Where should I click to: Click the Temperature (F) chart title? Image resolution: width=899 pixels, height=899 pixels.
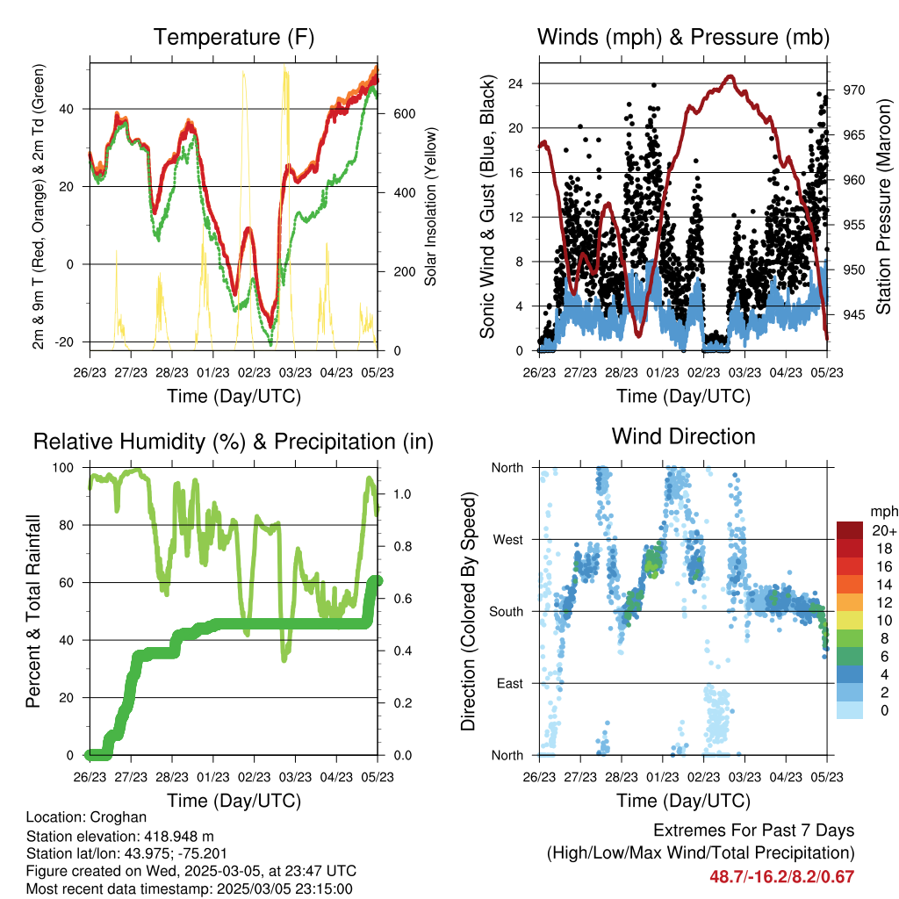[234, 37]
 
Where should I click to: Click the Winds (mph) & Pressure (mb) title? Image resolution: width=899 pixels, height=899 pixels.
[683, 37]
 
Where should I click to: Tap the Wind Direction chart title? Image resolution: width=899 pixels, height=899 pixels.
[683, 436]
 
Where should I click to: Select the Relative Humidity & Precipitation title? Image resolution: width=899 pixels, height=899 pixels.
[234, 442]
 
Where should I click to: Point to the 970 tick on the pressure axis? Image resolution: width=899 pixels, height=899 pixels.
[855, 90]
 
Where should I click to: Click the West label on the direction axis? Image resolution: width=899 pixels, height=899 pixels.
[507, 539]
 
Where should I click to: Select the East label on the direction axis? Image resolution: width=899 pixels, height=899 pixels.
[509, 683]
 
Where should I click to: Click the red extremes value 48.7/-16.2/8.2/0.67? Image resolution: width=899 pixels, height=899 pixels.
[781, 876]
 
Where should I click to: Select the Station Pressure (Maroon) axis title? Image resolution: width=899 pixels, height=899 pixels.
[883, 206]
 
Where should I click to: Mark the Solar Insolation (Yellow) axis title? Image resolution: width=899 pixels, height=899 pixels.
[431, 206]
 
